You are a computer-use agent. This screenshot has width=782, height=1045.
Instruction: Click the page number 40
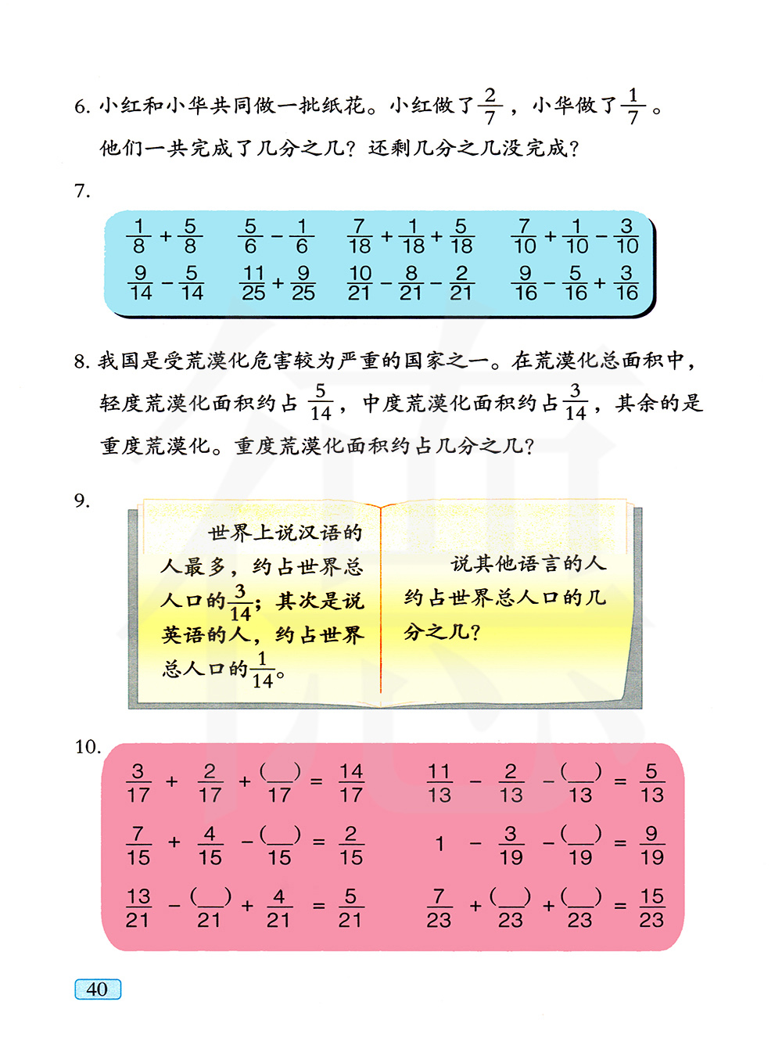click(97, 989)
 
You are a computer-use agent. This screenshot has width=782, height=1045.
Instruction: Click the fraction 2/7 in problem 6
click(490, 106)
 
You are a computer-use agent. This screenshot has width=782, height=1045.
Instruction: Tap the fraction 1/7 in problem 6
click(633, 106)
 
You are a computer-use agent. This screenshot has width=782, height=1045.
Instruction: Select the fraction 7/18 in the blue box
click(359, 236)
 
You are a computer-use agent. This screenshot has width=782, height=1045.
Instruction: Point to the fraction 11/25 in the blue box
click(253, 283)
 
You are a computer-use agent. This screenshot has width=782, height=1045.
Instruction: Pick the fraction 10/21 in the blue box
click(359, 283)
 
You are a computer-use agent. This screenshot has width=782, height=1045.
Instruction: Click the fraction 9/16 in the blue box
click(526, 283)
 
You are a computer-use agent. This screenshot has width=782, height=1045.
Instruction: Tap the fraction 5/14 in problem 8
click(320, 402)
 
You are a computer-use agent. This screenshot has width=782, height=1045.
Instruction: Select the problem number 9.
click(82, 501)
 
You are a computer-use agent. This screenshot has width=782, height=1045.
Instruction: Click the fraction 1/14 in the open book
click(262, 670)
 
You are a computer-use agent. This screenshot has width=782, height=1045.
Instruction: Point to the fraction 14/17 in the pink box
click(351, 783)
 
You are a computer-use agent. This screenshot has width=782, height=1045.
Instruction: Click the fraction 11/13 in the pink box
click(439, 783)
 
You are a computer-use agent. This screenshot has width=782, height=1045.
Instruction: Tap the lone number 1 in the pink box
click(439, 844)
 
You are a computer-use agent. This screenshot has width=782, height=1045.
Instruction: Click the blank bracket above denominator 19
click(580, 834)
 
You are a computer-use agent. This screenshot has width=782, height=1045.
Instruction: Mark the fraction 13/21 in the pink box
click(138, 908)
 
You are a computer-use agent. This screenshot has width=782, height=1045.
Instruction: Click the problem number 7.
click(82, 192)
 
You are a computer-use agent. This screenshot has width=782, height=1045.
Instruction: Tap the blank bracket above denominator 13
click(580, 772)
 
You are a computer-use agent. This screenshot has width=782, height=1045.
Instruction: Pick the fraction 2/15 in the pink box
click(351, 846)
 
